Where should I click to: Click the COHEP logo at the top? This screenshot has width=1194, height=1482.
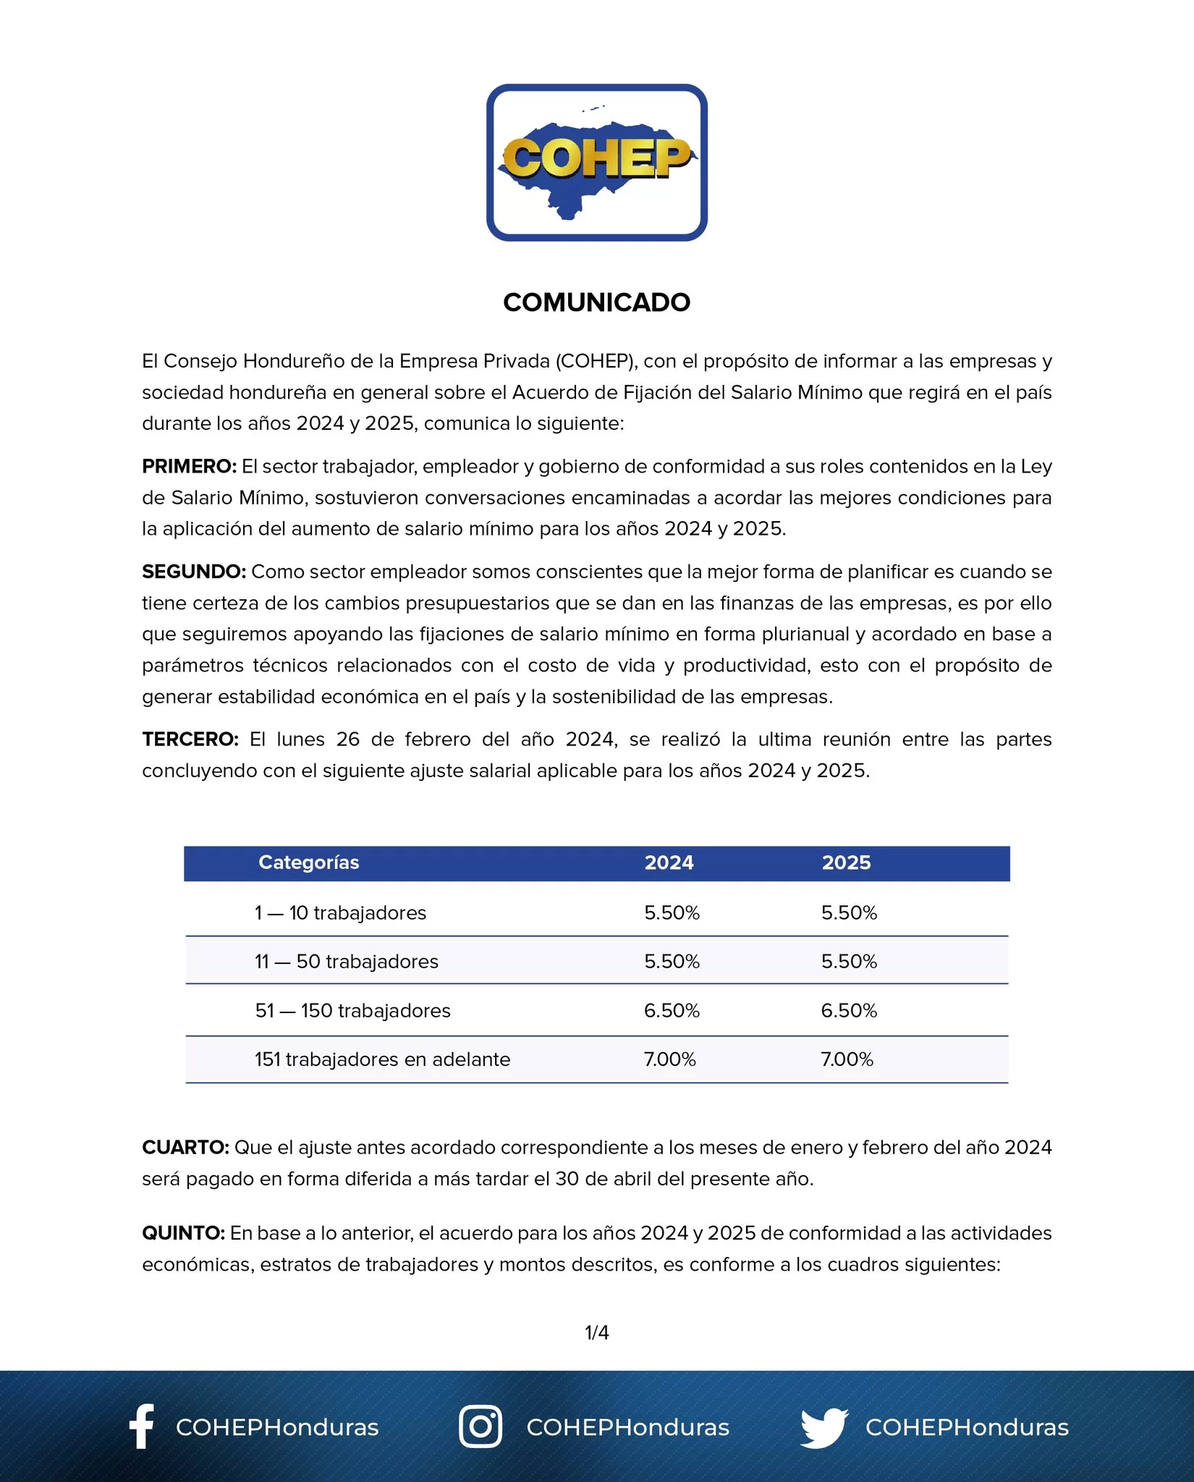point(596,162)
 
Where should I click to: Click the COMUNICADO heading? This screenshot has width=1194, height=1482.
point(596,302)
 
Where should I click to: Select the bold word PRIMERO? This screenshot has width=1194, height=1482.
point(189,467)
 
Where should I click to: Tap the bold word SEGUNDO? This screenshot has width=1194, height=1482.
point(194,572)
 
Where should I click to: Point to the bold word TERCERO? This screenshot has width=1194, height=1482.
point(190,740)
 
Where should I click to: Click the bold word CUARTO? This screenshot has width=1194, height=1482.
point(185,1148)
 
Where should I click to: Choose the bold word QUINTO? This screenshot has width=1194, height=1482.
point(183,1233)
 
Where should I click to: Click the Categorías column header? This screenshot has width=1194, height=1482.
point(309,863)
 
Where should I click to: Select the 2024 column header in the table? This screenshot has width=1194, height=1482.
point(669,863)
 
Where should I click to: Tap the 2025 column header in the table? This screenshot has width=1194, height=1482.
point(846,863)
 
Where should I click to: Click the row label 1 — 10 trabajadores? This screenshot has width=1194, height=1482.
point(340,913)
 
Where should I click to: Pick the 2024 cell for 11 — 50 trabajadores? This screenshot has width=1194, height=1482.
point(672,962)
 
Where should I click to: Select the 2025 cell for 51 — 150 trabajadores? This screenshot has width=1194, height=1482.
point(849,1011)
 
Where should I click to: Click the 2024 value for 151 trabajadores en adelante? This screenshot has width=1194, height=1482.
point(669,1059)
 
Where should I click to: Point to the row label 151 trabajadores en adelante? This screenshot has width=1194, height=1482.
point(382,1059)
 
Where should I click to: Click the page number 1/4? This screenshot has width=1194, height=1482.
point(596,1332)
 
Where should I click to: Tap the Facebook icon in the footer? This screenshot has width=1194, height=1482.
point(142,1426)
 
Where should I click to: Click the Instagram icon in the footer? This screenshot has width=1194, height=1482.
point(480,1427)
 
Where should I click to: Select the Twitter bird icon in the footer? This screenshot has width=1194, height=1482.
point(824,1428)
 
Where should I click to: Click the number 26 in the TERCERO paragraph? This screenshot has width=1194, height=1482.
point(347,740)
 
